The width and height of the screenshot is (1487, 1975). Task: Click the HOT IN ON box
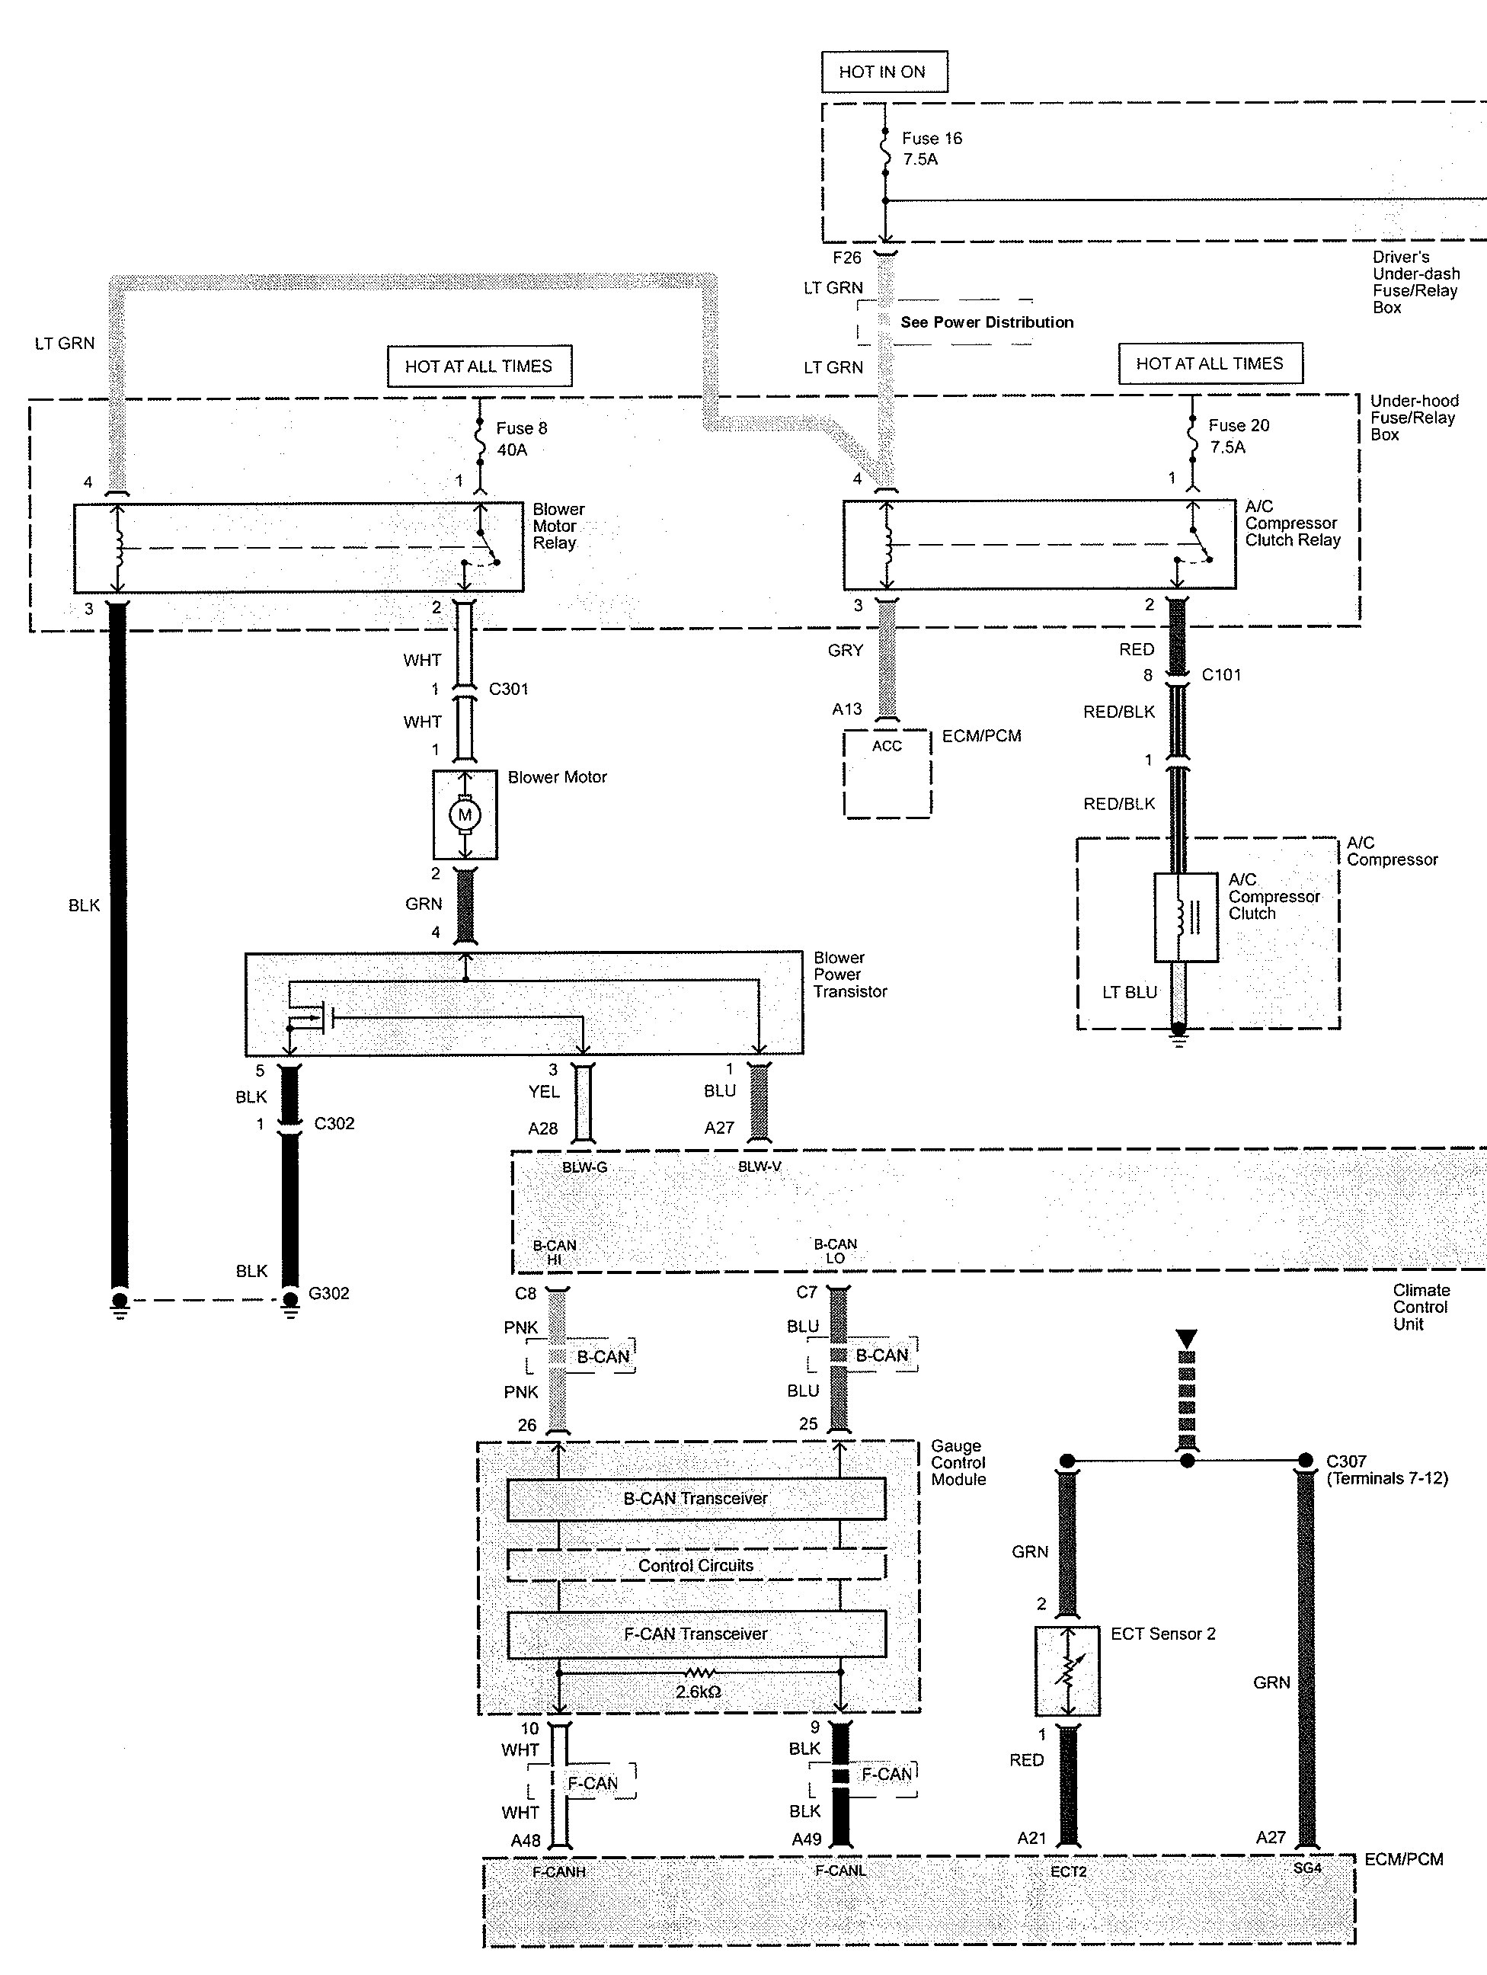[884, 72]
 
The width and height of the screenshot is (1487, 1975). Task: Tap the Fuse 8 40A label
[520, 438]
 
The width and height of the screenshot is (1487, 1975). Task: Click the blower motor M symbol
[464, 815]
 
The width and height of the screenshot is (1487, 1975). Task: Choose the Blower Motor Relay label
[558, 526]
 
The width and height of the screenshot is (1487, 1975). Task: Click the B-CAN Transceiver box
[696, 1498]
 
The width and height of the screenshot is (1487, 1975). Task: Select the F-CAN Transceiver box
[696, 1633]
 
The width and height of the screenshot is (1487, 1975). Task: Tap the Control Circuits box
[696, 1565]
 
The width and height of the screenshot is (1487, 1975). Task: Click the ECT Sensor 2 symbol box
[1066, 1670]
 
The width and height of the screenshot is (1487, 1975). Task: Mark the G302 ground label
[328, 1293]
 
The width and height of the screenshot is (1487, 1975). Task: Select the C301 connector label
[508, 690]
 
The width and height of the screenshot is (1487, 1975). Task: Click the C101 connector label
[1221, 675]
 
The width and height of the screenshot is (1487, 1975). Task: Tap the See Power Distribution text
[987, 322]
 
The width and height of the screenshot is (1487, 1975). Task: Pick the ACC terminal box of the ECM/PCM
[887, 773]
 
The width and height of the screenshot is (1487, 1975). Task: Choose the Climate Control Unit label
[1421, 1308]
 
